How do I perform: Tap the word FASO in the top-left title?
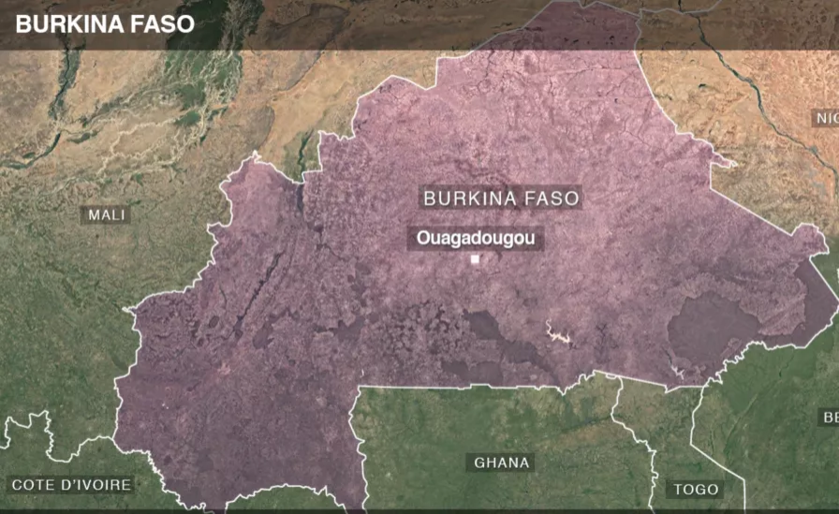(161, 24)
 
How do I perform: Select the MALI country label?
(107, 214)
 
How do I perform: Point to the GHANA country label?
(501, 463)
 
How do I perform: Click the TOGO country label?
(696, 489)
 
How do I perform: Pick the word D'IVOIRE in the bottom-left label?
(98, 484)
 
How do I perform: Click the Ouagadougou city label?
(476, 239)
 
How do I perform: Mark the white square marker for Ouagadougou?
(475, 259)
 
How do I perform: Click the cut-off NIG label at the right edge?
(825, 118)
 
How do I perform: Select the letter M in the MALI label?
(94, 214)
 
